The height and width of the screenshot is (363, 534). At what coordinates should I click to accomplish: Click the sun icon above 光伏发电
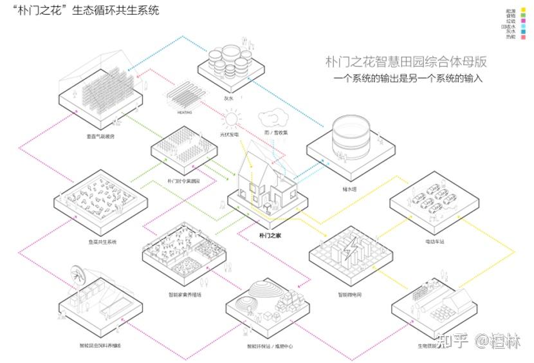coord(231,120)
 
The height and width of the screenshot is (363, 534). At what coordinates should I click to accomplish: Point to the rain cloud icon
coord(271,119)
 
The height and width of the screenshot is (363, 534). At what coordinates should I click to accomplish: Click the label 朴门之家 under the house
coord(270,236)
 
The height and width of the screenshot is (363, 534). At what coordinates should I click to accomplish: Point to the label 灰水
coord(228,98)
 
